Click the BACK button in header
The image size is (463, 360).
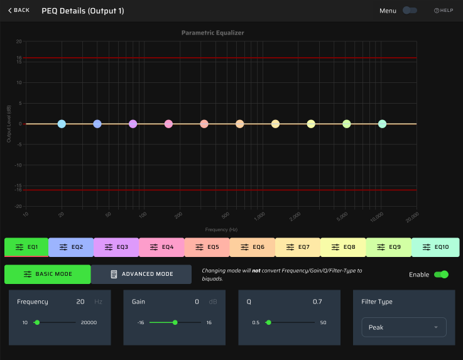point(19,10)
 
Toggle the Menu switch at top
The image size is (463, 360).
point(410,10)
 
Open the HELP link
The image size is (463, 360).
point(444,11)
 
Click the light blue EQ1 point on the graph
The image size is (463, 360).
point(62,124)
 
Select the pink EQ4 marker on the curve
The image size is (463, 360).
point(168,124)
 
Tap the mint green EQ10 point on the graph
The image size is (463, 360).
point(382,124)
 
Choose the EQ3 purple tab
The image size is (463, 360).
point(116,247)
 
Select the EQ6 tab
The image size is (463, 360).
point(252,247)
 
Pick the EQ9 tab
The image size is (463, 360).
point(388,247)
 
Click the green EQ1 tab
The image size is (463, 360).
point(26,247)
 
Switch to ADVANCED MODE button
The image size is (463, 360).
point(141,274)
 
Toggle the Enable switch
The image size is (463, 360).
point(441,275)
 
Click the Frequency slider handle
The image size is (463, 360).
point(37,322)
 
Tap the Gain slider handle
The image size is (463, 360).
point(175,322)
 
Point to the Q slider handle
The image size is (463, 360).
point(268,322)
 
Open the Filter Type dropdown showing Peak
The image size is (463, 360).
point(403,327)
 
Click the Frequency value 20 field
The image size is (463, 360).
point(80,302)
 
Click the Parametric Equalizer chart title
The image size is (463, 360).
point(212,33)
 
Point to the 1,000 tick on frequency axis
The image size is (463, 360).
point(259,216)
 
